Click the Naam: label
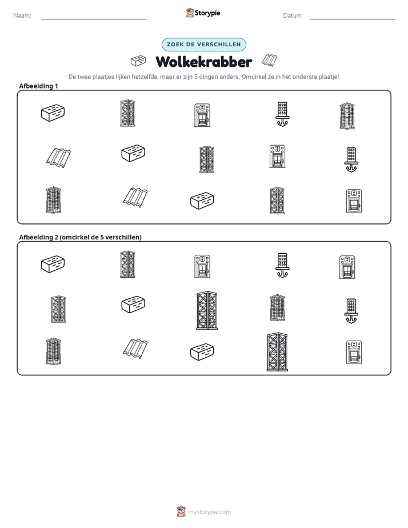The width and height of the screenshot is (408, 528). click(x=22, y=15)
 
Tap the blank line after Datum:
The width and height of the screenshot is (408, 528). click(x=352, y=19)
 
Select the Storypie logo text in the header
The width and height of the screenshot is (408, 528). click(x=207, y=13)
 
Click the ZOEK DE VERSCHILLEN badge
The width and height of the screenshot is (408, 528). click(x=204, y=45)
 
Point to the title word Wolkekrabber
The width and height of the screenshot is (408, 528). click(x=204, y=62)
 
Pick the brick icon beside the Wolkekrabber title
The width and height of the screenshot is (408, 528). click(x=138, y=61)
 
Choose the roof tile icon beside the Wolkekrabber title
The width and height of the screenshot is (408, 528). click(x=269, y=60)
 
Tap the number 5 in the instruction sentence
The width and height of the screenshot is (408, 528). click(x=196, y=77)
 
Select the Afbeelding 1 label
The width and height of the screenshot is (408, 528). click(x=38, y=86)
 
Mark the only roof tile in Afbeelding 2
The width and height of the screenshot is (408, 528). click(x=135, y=349)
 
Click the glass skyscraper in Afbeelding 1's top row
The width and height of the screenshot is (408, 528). click(x=347, y=116)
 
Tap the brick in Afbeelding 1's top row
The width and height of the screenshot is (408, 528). click(x=53, y=113)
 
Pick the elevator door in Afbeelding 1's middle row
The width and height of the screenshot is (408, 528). click(x=277, y=156)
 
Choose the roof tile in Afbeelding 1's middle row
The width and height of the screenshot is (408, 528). click(x=59, y=158)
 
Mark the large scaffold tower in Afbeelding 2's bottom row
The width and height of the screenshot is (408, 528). click(x=277, y=352)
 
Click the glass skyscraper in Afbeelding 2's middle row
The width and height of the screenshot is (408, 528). click(x=277, y=307)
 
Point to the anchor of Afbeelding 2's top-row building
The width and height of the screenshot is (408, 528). click(x=282, y=273)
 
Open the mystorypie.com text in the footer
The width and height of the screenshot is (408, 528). click(x=209, y=512)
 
